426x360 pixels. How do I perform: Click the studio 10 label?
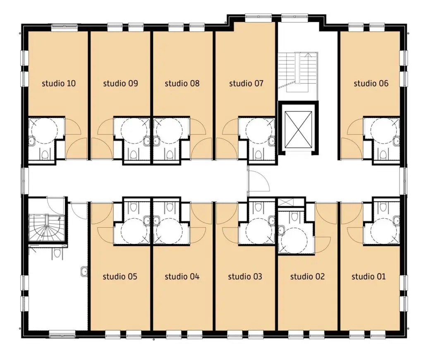pyautogui.click(x=59, y=83)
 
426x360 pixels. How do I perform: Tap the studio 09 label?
pyautogui.click(x=120, y=83)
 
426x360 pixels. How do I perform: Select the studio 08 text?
pyautogui.click(x=182, y=83)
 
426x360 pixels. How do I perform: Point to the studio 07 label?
pyautogui.click(x=246, y=83)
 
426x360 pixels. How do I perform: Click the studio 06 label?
pyautogui.click(x=371, y=83)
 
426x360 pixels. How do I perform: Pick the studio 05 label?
pyautogui.click(x=120, y=277)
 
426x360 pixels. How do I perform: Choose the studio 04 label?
pyautogui.click(x=182, y=277)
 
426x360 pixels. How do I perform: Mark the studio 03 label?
pyautogui.click(x=245, y=277)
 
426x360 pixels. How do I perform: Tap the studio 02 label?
pyautogui.click(x=307, y=277)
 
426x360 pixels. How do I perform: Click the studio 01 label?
pyautogui.click(x=369, y=277)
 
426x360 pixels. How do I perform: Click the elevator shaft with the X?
pyautogui.click(x=298, y=129)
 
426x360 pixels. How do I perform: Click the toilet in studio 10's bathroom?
pyautogui.click(x=45, y=155)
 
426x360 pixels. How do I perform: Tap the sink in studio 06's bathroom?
pyautogui.click(x=396, y=141)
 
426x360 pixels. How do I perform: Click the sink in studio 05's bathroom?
pyautogui.click(x=147, y=220)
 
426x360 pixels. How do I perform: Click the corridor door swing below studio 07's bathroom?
pyautogui.click(x=258, y=181)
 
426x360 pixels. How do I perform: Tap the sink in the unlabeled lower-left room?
pyautogui.click(x=84, y=271)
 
